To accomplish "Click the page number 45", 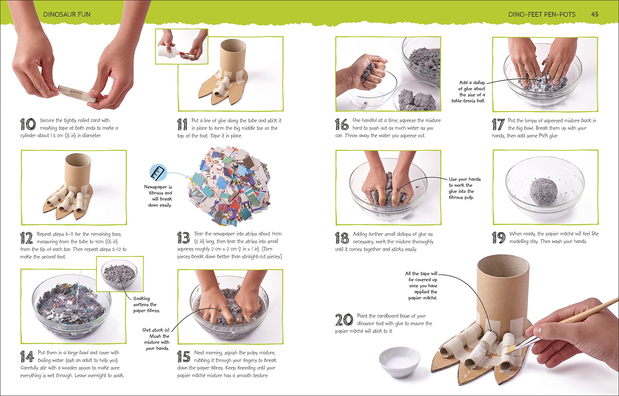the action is (x=595, y=15).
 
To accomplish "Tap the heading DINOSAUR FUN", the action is (x=67, y=15).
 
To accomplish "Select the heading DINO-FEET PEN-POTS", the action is (x=542, y=15).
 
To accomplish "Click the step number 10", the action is (x=28, y=124).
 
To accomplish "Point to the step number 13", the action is (x=184, y=238).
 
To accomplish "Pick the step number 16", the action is (x=342, y=124).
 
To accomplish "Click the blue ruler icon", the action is (x=158, y=172).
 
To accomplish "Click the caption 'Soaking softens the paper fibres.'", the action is (x=147, y=305).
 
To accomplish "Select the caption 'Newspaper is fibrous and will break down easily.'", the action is (x=158, y=196).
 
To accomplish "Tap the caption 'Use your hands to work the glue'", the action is (x=464, y=188).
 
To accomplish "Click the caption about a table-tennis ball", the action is (x=468, y=92).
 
